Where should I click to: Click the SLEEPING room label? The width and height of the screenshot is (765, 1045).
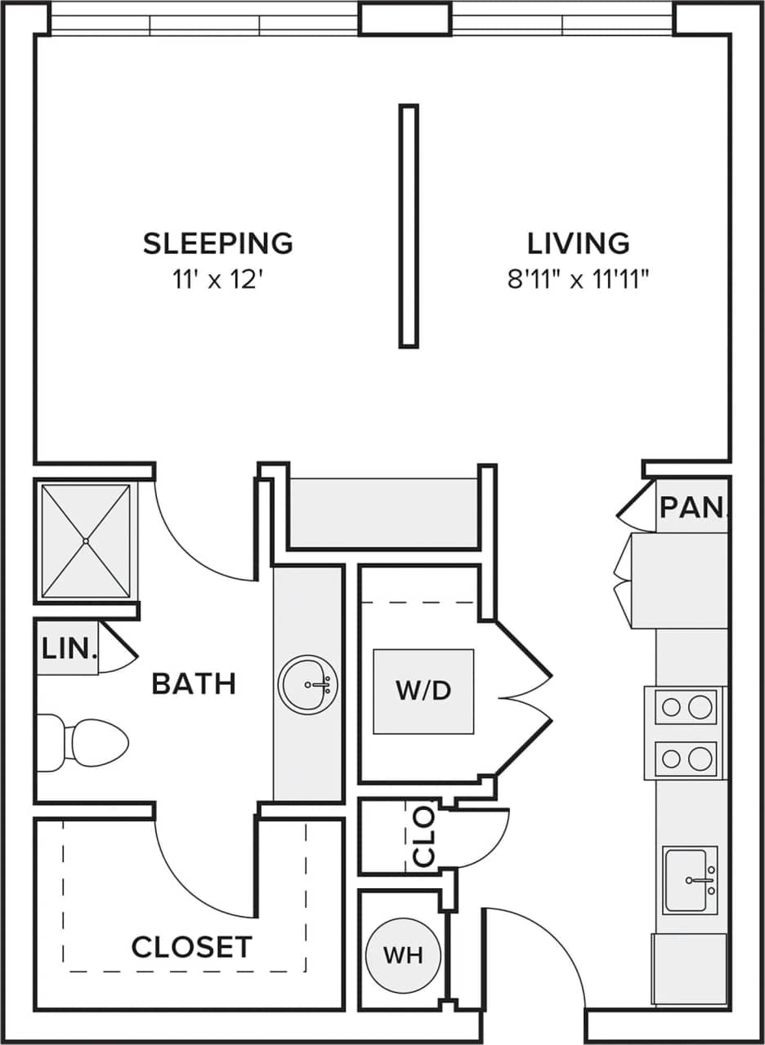(218, 243)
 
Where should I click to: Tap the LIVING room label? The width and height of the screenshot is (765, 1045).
(578, 243)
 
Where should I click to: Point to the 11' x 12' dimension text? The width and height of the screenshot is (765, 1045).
(218, 281)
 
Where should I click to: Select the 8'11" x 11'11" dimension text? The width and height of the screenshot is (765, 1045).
(578, 281)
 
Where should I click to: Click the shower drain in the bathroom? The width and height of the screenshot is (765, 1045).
(86, 540)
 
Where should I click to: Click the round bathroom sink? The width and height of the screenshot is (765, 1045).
(308, 684)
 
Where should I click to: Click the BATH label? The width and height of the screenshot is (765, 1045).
(194, 684)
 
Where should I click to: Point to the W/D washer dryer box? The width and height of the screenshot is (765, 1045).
(423, 691)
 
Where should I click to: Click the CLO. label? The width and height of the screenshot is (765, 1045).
(424, 838)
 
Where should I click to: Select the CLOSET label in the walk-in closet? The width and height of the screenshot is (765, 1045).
(191, 947)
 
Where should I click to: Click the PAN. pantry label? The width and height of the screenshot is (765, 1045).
(691, 508)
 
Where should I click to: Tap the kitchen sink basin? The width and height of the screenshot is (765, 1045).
(689, 882)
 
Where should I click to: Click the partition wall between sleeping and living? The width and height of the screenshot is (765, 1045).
(409, 226)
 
